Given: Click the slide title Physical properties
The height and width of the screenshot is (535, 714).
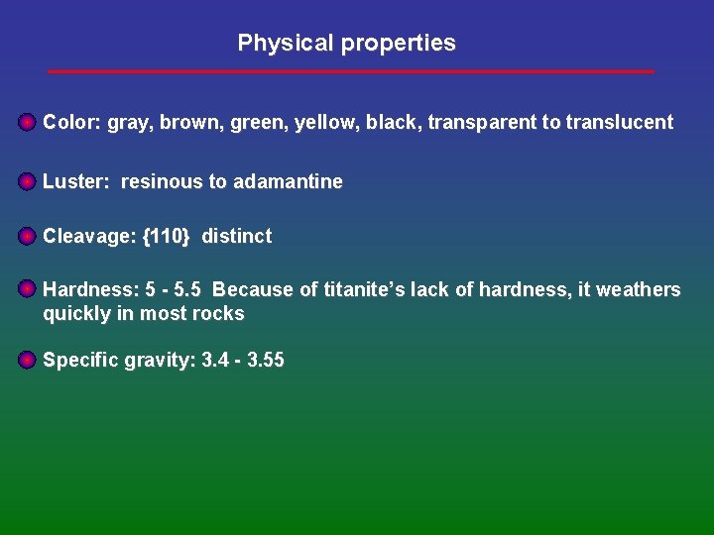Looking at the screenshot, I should tap(346, 44).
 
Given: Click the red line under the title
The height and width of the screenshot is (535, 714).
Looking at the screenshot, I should tap(351, 71).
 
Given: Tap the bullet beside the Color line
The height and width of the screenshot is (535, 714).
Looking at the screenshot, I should tap(27, 123).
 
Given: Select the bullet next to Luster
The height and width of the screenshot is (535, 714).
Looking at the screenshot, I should tap(27, 181).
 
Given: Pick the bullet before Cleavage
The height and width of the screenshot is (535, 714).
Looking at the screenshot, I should tap(27, 236).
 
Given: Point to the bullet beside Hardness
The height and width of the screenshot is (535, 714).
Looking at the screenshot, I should tap(27, 289).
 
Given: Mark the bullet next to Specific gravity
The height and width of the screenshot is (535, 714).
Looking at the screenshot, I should tap(27, 360).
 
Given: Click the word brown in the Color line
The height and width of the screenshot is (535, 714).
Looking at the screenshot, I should tap(185, 123).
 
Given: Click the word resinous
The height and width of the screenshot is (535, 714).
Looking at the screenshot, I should tap(162, 181).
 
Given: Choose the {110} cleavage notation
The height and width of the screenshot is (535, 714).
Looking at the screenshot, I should tap(166, 236).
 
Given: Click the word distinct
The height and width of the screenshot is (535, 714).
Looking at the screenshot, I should tap(236, 236).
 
